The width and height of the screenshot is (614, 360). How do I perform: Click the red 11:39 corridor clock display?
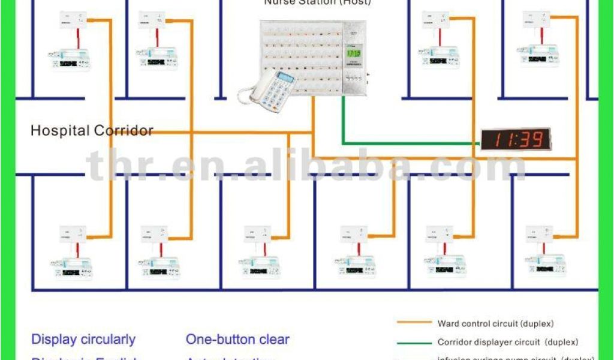coord(515,140)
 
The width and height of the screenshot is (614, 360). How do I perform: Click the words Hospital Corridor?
coord(92,130)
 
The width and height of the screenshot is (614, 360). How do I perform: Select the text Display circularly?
coord(83,340)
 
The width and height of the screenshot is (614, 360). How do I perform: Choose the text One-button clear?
coord(237,340)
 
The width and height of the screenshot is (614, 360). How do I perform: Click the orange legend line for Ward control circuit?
coord(414,322)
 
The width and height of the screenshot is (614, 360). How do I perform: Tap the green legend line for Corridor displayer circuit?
coord(414,343)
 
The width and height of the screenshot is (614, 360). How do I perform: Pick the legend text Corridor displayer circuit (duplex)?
coord(508,343)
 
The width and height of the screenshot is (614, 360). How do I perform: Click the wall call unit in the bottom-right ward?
coord(539,234)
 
